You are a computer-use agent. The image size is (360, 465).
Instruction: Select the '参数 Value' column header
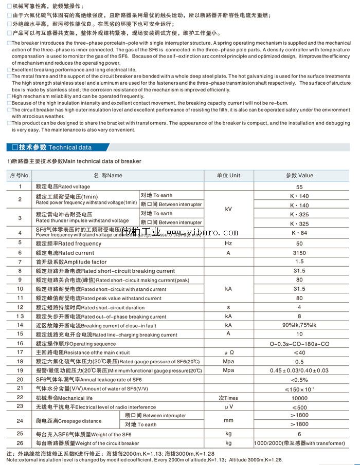coord(299,175)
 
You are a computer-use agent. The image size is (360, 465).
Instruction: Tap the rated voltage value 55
coord(299,187)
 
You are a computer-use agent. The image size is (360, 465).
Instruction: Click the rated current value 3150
coord(299,252)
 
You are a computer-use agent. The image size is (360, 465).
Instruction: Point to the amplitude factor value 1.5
coord(299,262)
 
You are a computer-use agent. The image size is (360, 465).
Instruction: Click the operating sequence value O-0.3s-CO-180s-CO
coord(299,344)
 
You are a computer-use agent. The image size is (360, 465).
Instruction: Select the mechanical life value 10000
coord(299,398)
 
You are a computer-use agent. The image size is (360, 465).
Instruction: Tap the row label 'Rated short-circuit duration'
coord(90,307)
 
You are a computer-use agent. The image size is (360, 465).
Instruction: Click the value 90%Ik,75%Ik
coord(299,325)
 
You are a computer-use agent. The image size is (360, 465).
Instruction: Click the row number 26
coord(20,443)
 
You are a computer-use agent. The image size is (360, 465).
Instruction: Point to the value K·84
coord(299,233)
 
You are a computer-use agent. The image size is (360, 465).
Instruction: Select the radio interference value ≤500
coord(299,407)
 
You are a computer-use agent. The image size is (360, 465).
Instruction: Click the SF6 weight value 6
coord(299,434)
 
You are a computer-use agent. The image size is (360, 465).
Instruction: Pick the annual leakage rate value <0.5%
coord(299,379)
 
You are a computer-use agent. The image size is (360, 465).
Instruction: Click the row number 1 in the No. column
coord(20,187)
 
